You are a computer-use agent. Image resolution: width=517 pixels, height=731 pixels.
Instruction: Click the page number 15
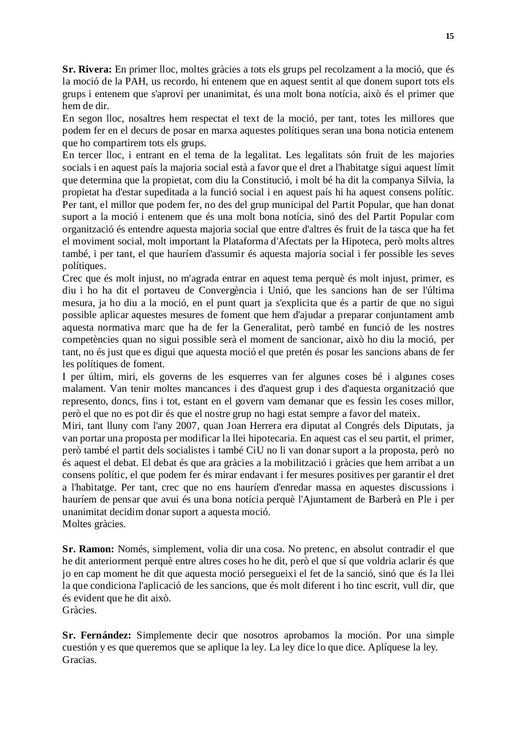coord(449,37)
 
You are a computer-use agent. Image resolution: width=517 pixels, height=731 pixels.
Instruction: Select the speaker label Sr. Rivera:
coord(87,69)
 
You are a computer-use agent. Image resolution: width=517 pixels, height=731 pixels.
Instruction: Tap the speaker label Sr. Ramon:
coord(88,549)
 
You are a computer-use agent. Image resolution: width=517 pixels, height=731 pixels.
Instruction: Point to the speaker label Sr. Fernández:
coord(97,635)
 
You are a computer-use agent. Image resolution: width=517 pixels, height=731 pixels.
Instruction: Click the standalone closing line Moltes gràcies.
coord(94,524)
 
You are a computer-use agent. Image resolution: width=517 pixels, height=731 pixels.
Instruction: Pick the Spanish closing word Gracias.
coord(79,660)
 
